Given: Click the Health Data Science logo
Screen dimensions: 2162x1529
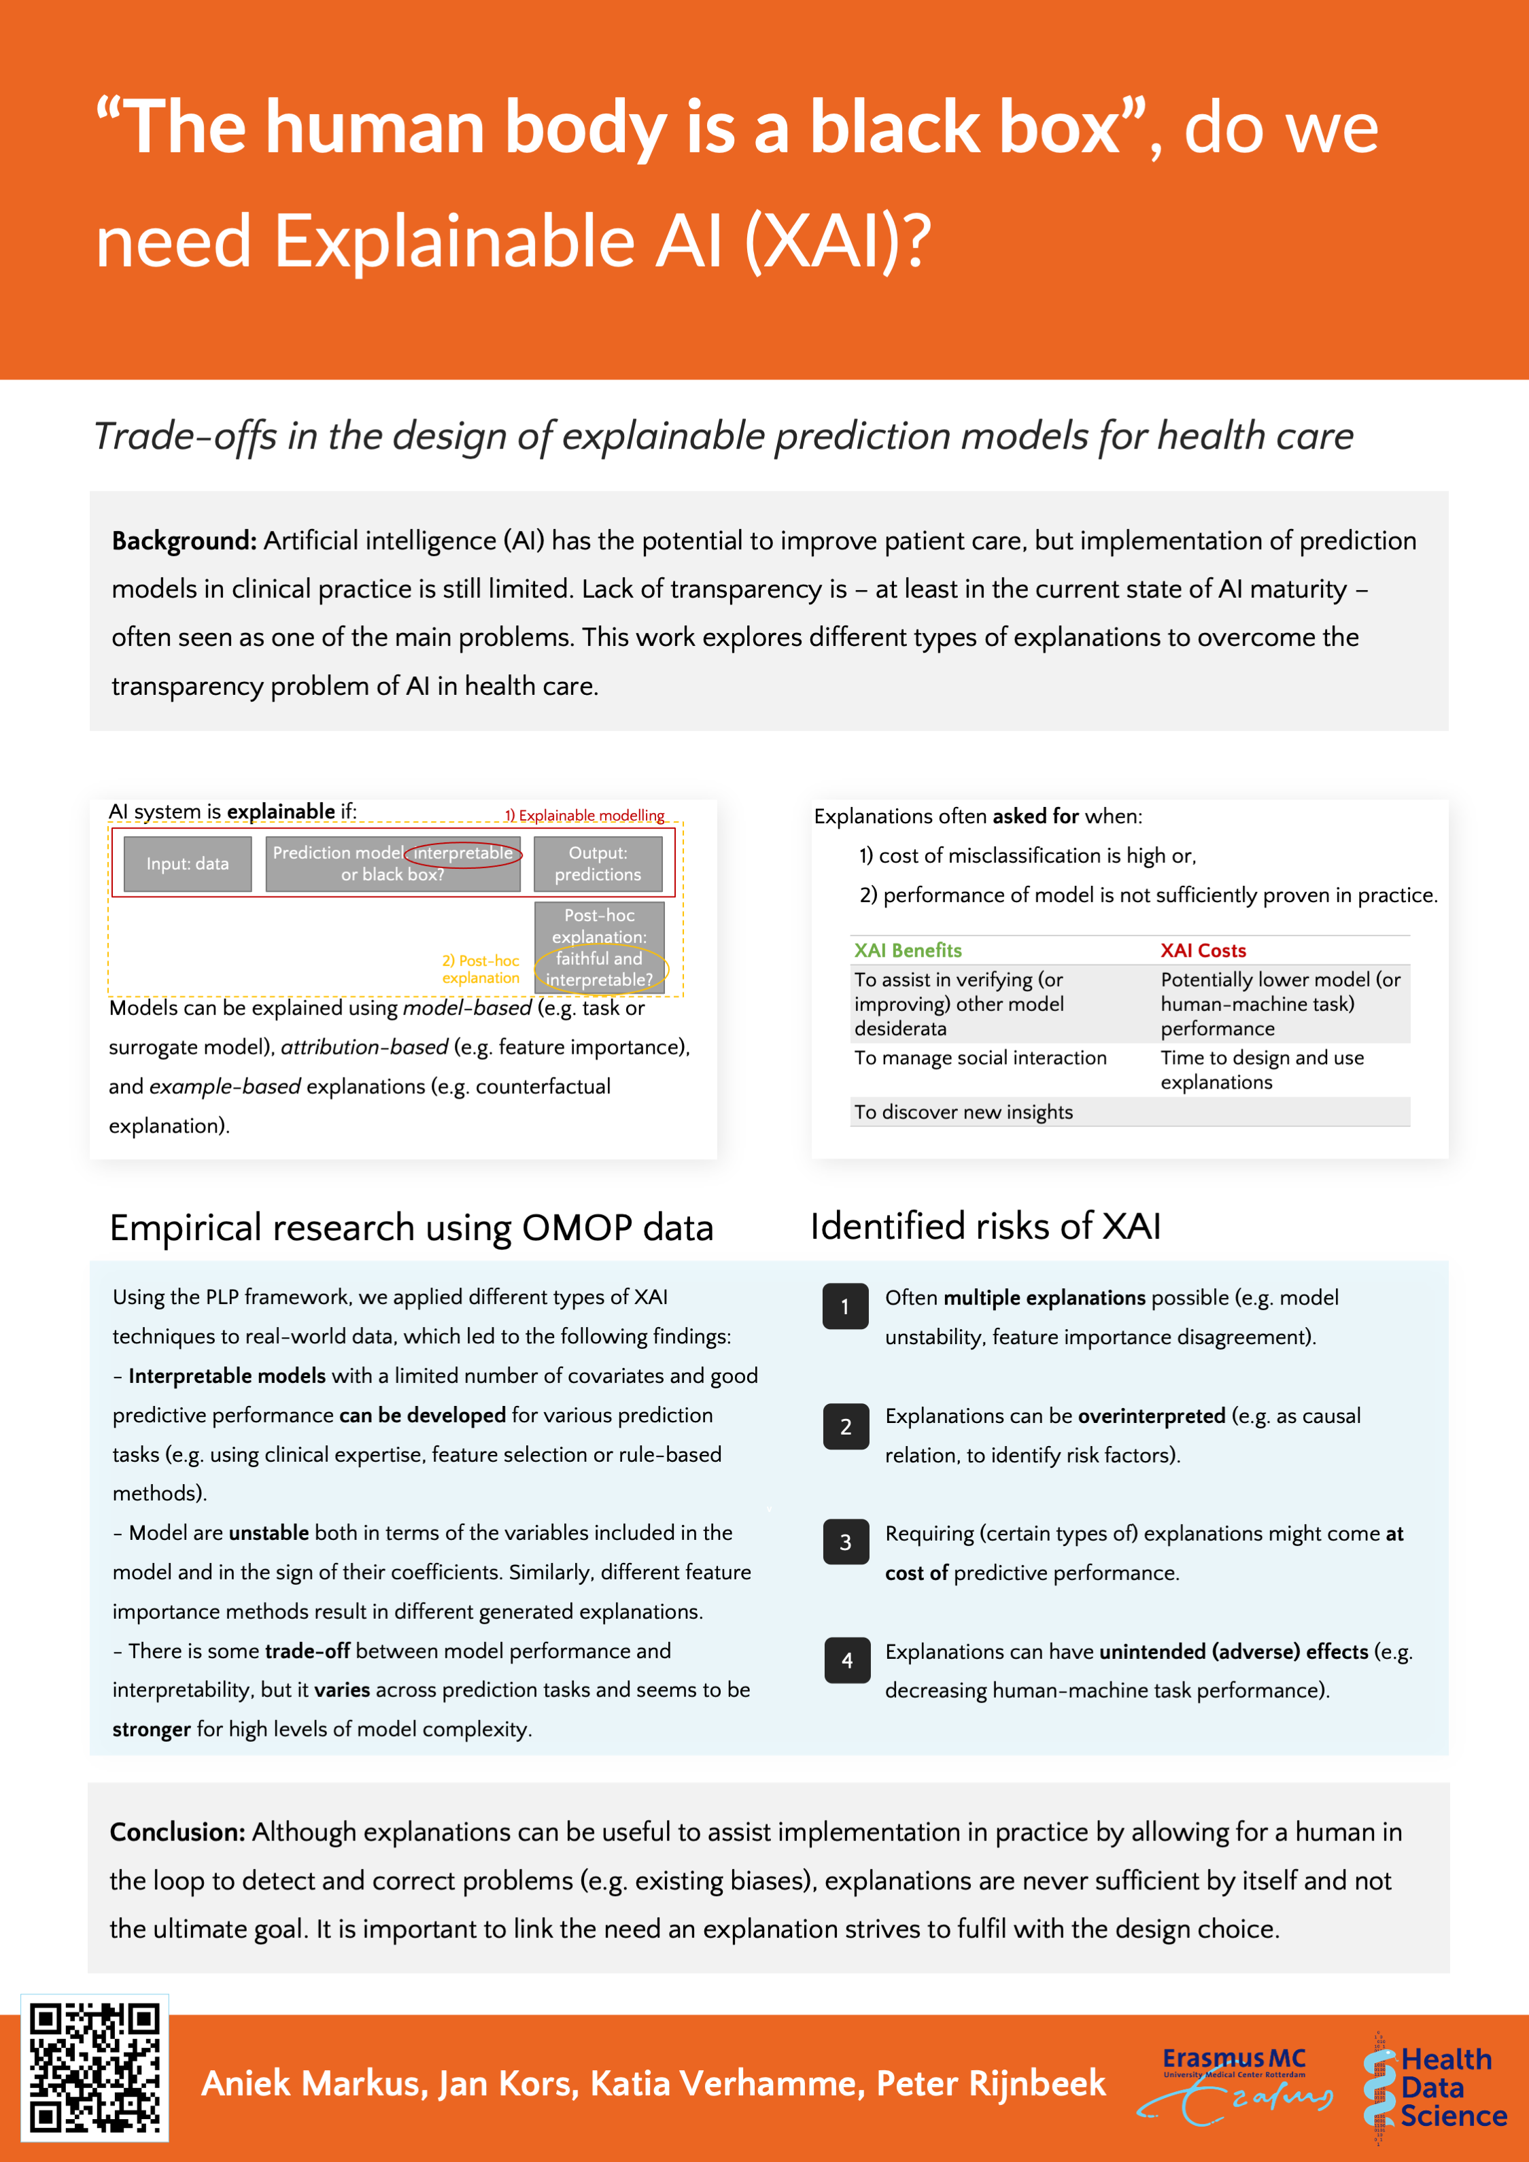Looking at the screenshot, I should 1435,2087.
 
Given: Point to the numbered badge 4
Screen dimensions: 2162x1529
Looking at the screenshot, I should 846,1660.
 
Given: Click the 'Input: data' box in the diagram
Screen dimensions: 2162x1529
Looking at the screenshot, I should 188,863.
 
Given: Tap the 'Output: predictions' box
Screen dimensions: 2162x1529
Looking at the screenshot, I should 598,863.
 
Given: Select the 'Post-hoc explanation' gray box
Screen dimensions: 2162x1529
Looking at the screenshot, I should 599,946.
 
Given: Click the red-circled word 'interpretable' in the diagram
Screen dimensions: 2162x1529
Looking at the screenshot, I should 463,853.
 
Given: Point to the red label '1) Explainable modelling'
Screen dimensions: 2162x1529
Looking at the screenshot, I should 584,815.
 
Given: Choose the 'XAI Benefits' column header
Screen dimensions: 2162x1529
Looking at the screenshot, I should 908,950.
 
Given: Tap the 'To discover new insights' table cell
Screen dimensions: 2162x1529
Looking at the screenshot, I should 963,1112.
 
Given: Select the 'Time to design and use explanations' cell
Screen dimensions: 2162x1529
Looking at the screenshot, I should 1262,1069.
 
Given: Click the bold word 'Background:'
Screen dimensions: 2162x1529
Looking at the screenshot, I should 184,540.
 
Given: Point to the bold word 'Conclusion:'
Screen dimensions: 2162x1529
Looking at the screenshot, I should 177,1832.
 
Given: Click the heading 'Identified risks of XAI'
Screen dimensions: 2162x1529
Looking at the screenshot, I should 985,1226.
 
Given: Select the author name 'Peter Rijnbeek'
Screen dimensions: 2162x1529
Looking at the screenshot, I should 991,2084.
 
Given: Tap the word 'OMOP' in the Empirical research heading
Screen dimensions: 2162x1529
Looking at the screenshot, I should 577,1228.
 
